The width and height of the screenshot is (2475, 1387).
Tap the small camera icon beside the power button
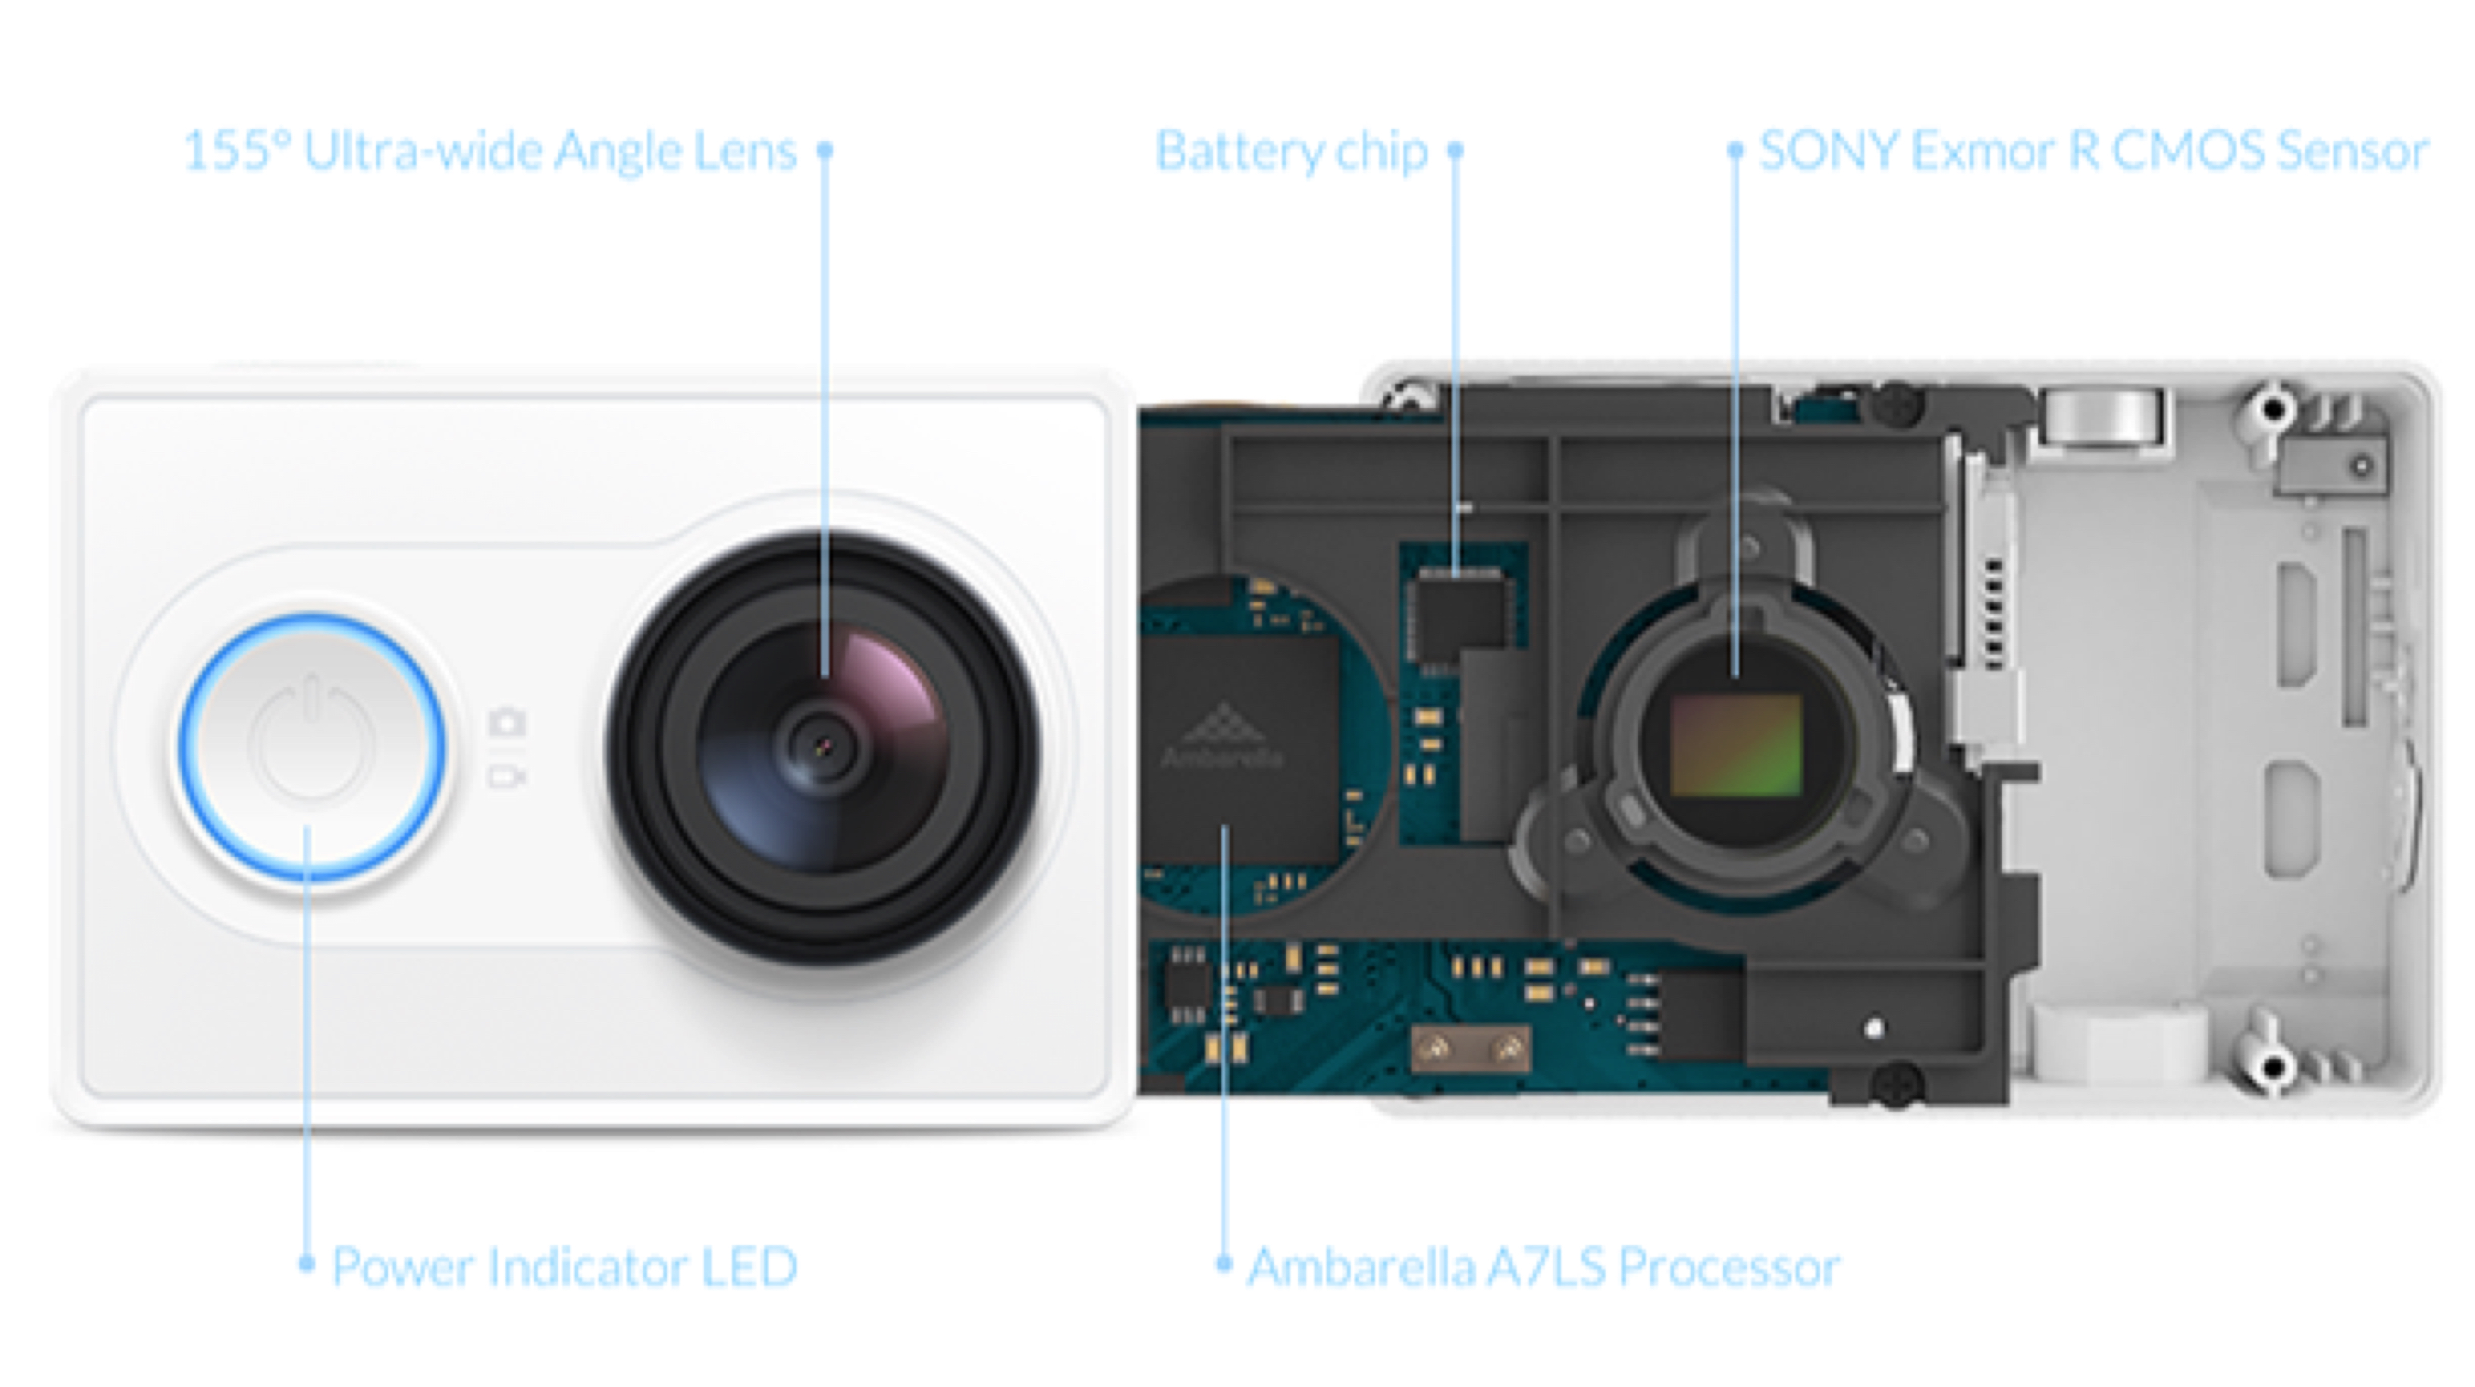click(507, 721)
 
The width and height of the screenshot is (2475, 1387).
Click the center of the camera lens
click(823, 746)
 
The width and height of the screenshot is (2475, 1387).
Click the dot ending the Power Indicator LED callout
click(306, 1263)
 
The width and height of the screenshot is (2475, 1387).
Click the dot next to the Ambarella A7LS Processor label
click(1224, 1263)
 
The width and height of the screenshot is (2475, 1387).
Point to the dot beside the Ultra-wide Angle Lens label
click(824, 150)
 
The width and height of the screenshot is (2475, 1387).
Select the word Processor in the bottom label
click(1730, 1267)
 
